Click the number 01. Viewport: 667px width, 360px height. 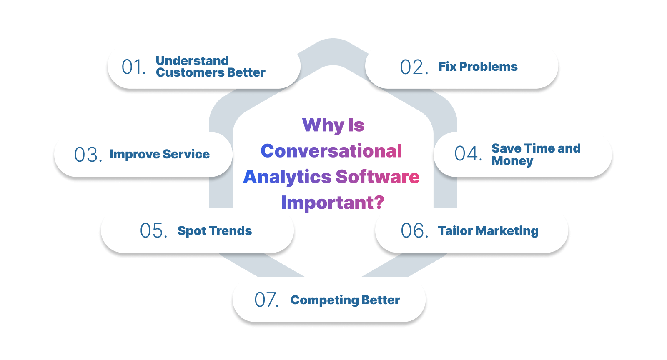(x=133, y=67)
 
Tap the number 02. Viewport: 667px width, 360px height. (x=413, y=67)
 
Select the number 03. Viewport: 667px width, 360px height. (x=88, y=155)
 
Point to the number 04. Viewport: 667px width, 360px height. (x=468, y=153)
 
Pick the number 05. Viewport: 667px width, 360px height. (x=153, y=230)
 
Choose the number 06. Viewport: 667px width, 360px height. (x=414, y=230)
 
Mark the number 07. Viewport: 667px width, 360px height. (x=266, y=300)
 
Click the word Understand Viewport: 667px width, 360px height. (x=192, y=61)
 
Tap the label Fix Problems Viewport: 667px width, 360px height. (x=478, y=67)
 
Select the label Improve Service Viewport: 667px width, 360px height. (x=160, y=154)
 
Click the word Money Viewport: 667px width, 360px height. (x=512, y=161)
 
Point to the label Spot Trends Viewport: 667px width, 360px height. (x=215, y=231)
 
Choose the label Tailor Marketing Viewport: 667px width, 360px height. (x=488, y=231)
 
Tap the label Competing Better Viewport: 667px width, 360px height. (x=345, y=300)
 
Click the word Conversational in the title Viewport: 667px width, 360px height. (x=331, y=151)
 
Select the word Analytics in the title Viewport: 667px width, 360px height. (x=287, y=177)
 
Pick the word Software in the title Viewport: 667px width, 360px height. (x=378, y=177)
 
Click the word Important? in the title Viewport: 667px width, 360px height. (x=333, y=202)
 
